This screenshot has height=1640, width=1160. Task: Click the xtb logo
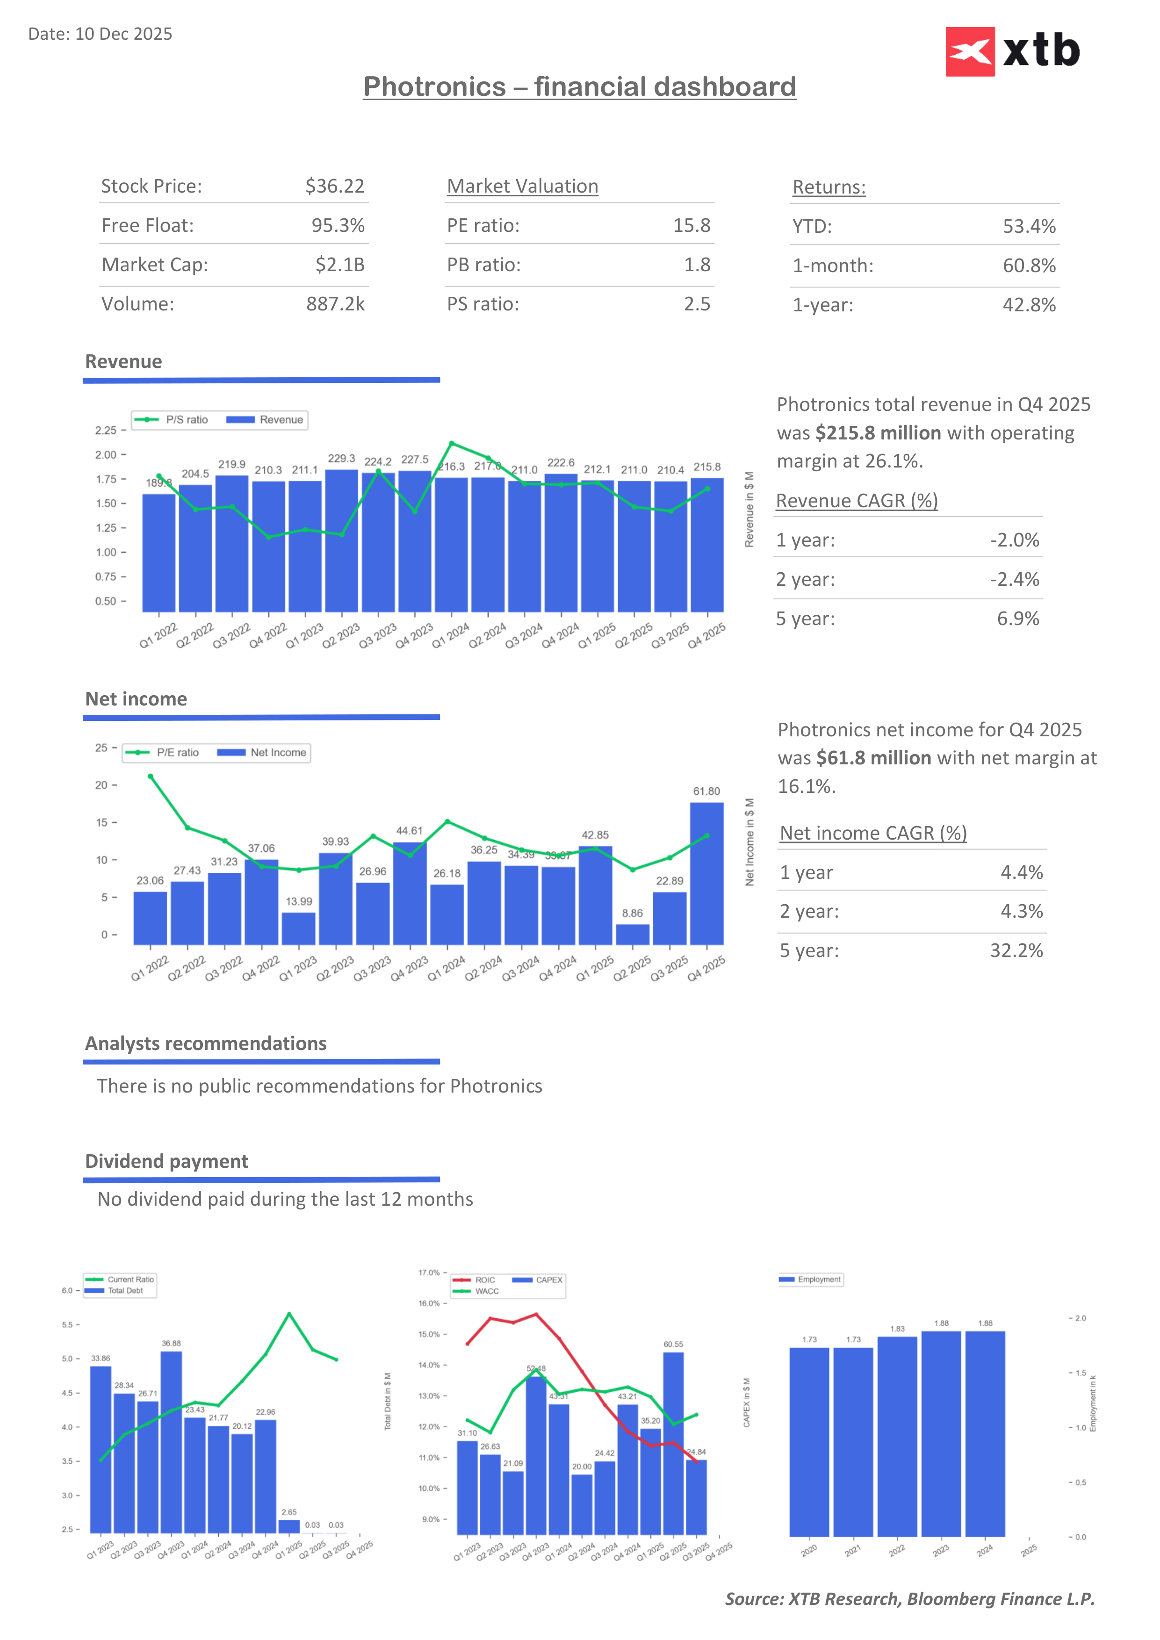(x=1012, y=51)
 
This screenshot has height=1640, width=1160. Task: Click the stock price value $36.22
(x=334, y=187)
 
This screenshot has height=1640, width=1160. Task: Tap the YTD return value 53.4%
(x=1029, y=226)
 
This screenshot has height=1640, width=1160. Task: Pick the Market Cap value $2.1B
(x=340, y=265)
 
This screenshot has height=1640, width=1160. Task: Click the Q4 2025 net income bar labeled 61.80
(x=706, y=873)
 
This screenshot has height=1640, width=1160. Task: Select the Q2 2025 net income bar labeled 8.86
(x=632, y=934)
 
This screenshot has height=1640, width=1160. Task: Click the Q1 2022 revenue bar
(x=159, y=553)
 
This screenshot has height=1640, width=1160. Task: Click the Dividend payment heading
(x=166, y=1161)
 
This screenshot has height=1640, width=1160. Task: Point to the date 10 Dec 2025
(x=123, y=34)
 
